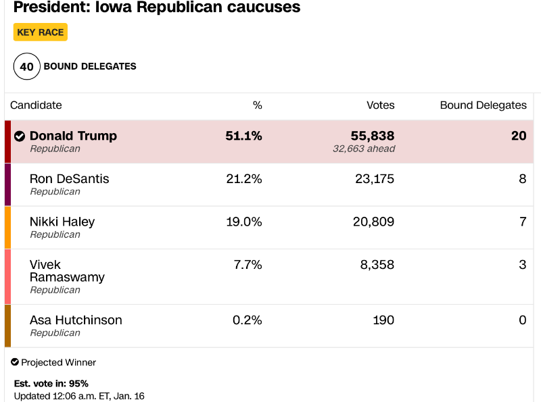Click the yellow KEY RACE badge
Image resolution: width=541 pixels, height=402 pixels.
[41, 32]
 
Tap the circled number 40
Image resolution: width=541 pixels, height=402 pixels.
[26, 66]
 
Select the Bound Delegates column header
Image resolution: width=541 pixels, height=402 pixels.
[483, 105]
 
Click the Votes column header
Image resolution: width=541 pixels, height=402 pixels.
[380, 105]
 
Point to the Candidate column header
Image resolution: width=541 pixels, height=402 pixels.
[36, 105]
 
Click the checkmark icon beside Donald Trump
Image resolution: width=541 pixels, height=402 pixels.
[20, 136]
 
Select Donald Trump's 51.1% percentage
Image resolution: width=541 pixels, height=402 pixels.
[243, 136]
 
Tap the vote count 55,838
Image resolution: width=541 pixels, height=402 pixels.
[373, 136]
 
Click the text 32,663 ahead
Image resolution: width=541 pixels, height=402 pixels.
[364, 149]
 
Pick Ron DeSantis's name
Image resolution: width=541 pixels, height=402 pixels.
[70, 179]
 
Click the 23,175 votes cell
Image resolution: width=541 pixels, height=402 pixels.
[375, 179]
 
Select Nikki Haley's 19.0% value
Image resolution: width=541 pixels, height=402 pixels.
[244, 222]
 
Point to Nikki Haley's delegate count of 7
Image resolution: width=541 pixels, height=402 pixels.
[523, 222]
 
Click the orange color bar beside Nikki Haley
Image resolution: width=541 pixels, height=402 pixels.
[7, 228]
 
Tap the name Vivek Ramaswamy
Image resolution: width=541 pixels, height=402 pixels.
[67, 271]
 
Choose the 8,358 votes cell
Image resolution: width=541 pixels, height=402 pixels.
[377, 265]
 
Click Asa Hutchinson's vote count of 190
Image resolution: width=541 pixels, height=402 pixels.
[383, 320]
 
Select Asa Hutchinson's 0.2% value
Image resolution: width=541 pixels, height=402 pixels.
[248, 320]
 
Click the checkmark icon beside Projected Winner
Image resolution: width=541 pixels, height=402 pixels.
[15, 362]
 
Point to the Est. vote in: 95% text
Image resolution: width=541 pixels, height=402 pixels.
[51, 384]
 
